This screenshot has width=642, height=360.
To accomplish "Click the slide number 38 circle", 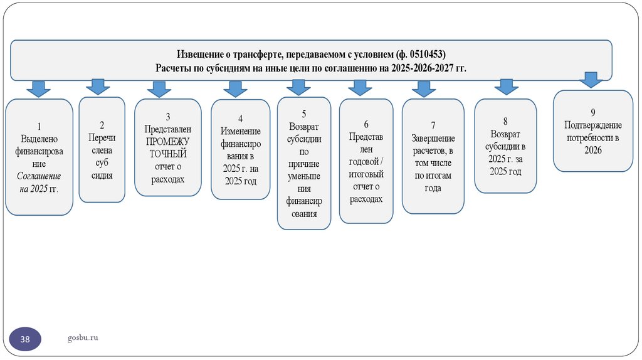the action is click(x=26, y=339).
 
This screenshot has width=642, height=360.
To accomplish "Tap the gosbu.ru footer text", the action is click(x=83, y=339).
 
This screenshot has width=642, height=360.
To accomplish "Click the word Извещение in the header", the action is click(x=200, y=54).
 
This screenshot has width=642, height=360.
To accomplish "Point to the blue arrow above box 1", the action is click(x=38, y=88).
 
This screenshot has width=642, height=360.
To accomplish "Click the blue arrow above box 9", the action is click(x=590, y=80).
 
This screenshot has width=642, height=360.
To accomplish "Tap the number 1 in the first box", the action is click(x=38, y=125).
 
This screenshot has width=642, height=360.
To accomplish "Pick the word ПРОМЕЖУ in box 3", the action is click(x=167, y=141).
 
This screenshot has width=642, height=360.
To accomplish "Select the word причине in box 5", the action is click(x=304, y=164).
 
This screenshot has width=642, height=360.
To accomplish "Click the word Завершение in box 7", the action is click(x=433, y=138).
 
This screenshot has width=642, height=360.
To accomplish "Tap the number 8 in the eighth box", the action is click(x=505, y=121).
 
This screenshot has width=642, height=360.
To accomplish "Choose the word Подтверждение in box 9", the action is click(x=592, y=125).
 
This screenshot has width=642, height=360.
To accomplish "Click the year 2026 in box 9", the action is click(x=592, y=150).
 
